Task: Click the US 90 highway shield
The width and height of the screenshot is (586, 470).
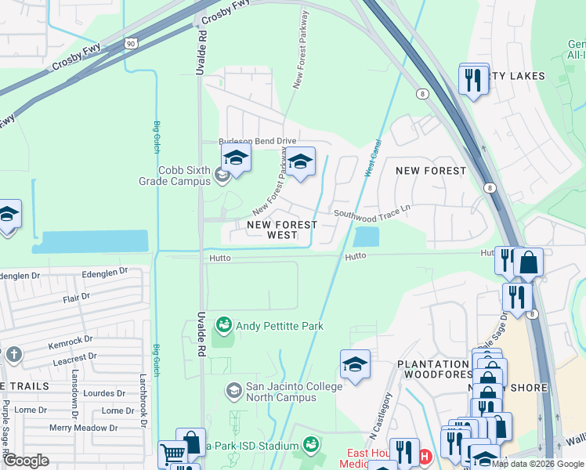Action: coord(128,39)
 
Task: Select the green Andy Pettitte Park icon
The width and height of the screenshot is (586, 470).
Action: coord(223,324)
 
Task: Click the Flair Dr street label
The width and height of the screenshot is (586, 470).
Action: coord(77,298)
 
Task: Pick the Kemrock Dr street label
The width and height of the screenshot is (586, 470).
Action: coord(71,345)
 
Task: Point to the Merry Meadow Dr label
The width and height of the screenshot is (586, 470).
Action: coord(83,428)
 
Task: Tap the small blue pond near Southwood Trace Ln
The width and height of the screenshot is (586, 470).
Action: coord(366,235)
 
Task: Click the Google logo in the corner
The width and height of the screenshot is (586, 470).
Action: coord(26,461)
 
